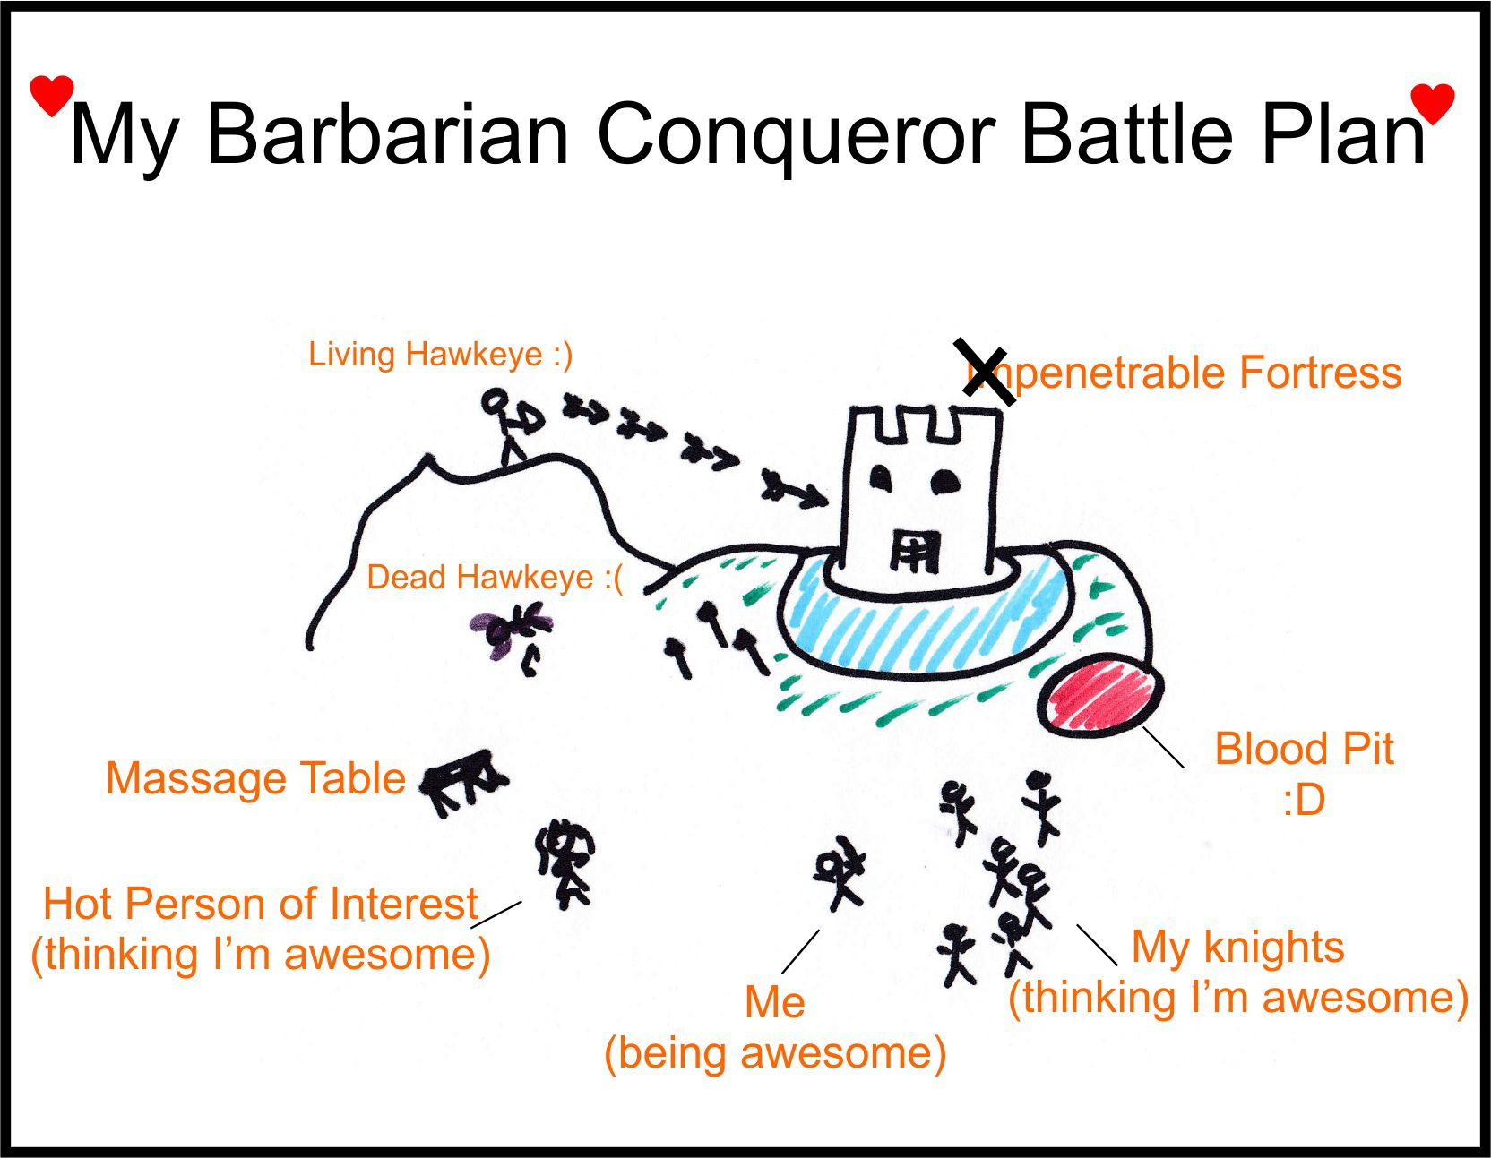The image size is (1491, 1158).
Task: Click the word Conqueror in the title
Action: pyautogui.click(x=797, y=134)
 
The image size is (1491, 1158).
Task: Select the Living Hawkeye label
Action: pyautogui.click(x=440, y=355)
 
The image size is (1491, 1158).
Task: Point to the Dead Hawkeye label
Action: pyautogui.click(x=494, y=578)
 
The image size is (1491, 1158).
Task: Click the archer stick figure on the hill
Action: pyautogui.click(x=511, y=425)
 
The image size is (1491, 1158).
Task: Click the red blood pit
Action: pyautogui.click(x=1101, y=695)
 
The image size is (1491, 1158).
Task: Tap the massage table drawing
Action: pyautogui.click(x=463, y=781)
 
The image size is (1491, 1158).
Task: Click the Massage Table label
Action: pyautogui.click(x=255, y=778)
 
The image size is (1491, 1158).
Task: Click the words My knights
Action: pyautogui.click(x=1237, y=948)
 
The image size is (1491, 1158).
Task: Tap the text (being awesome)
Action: pyautogui.click(x=775, y=1053)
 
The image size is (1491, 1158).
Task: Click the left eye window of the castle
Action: pyautogui.click(x=882, y=479)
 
